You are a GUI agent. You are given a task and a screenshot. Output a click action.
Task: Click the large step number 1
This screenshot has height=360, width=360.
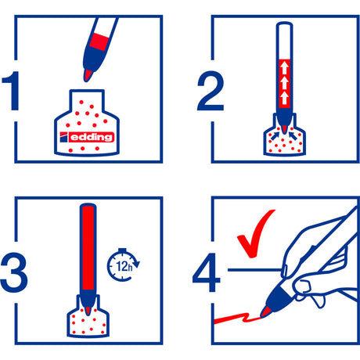(13, 91)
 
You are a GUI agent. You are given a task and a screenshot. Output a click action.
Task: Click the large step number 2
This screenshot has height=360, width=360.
(211, 91)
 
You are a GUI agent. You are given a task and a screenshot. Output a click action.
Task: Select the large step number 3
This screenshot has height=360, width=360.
(14, 272)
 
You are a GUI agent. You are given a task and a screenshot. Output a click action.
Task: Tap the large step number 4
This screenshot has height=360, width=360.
(206, 272)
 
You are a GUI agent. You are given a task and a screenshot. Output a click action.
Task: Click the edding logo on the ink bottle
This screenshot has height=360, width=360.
(87, 137)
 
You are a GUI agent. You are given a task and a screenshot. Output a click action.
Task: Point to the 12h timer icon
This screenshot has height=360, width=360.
(123, 265)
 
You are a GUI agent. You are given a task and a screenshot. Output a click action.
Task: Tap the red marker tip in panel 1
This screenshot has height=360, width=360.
(88, 75)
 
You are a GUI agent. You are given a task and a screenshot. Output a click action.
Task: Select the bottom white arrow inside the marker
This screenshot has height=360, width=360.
(285, 97)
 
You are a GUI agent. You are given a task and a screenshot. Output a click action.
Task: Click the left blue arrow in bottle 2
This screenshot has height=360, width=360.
(275, 135)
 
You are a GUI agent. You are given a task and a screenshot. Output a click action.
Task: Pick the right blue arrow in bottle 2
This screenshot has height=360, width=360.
(293, 135)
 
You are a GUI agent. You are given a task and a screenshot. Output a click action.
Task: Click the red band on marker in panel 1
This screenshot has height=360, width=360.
(99, 41)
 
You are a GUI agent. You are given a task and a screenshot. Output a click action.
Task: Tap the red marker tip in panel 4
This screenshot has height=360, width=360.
(265, 312)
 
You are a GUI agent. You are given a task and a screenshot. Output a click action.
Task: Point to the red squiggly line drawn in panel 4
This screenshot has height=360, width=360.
(237, 319)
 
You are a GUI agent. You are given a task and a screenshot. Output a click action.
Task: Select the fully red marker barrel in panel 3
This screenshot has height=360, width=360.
(88, 248)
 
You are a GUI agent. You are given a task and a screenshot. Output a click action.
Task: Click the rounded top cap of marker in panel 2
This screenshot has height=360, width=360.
(284, 26)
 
